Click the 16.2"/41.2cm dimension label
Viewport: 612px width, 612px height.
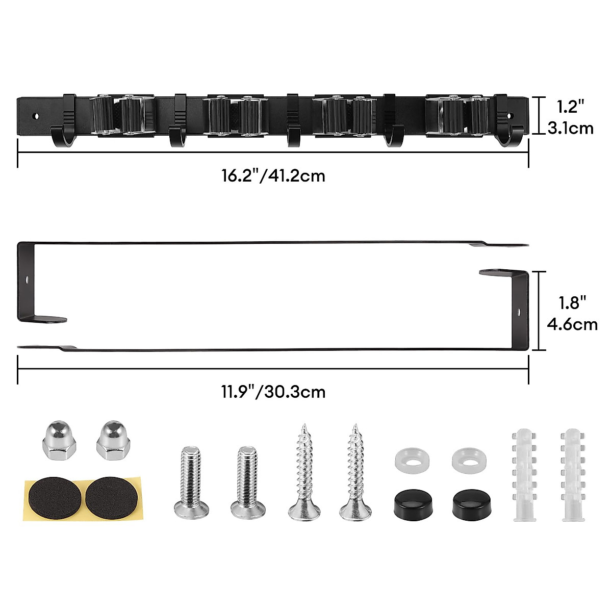pyautogui.click(x=273, y=176)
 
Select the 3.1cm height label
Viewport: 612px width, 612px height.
pyautogui.click(x=570, y=129)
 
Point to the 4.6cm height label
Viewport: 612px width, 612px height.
pyautogui.click(x=572, y=324)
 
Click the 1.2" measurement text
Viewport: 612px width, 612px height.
pyautogui.click(x=570, y=107)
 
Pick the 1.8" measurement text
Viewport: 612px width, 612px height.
pyautogui.click(x=572, y=303)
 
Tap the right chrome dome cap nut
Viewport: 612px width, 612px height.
pyautogui.click(x=113, y=441)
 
